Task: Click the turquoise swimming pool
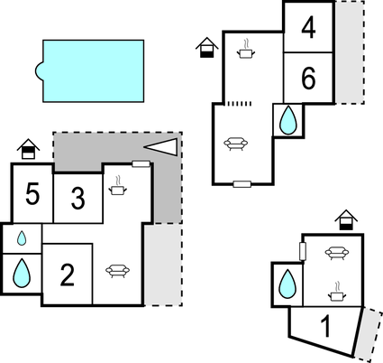(92, 71)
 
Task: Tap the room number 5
(32, 194)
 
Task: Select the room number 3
(78, 198)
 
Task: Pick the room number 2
(68, 275)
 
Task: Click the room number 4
(308, 28)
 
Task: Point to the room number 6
(308, 79)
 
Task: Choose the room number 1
(325, 326)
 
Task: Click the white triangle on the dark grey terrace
(161, 147)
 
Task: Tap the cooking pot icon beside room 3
(117, 186)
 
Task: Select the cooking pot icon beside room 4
(246, 49)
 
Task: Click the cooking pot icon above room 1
(337, 292)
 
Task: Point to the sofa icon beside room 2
(118, 271)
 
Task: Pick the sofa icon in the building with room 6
(236, 144)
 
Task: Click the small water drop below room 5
(22, 238)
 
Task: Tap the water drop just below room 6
(288, 120)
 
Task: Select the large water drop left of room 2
(22, 274)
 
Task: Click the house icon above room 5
(28, 149)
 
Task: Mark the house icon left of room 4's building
(207, 48)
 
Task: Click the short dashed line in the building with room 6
(239, 104)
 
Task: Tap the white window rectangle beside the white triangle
(141, 163)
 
